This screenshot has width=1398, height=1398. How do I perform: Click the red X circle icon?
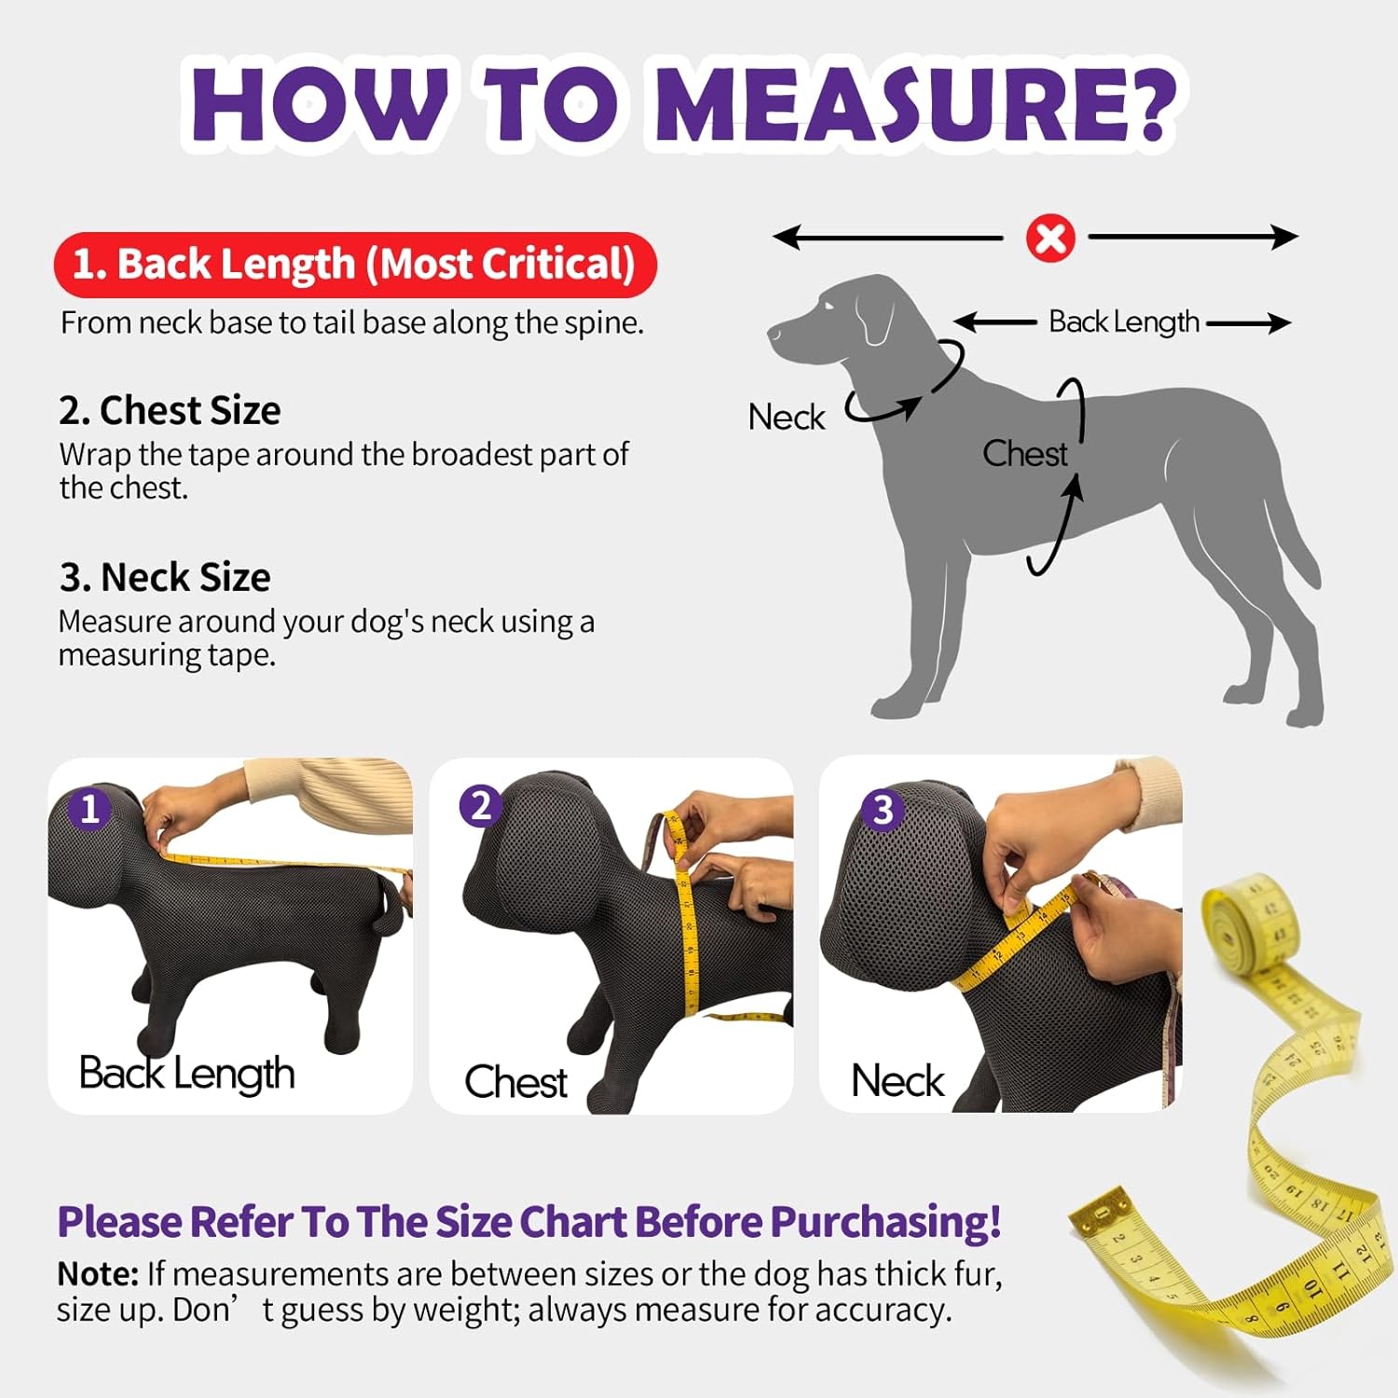(x=1050, y=239)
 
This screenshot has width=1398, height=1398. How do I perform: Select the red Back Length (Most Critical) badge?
(x=355, y=265)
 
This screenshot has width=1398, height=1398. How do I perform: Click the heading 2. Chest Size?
(x=170, y=410)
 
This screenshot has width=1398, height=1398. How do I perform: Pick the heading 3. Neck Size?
(x=165, y=578)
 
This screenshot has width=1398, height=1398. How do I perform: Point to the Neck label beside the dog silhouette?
(x=787, y=417)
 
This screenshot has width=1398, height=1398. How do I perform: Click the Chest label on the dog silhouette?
(x=1024, y=454)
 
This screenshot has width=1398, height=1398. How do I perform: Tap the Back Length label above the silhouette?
(x=1124, y=322)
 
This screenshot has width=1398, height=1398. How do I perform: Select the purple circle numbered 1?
(x=89, y=808)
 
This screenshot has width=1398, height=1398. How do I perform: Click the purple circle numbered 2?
(x=481, y=805)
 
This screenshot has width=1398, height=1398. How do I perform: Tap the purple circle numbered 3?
(x=882, y=809)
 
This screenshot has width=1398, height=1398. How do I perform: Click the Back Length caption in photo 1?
(x=186, y=1074)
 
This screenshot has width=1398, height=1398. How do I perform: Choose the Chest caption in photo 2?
(x=515, y=1082)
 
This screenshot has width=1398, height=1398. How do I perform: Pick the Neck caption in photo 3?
(x=898, y=1081)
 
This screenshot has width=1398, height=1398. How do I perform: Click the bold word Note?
(x=98, y=1274)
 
